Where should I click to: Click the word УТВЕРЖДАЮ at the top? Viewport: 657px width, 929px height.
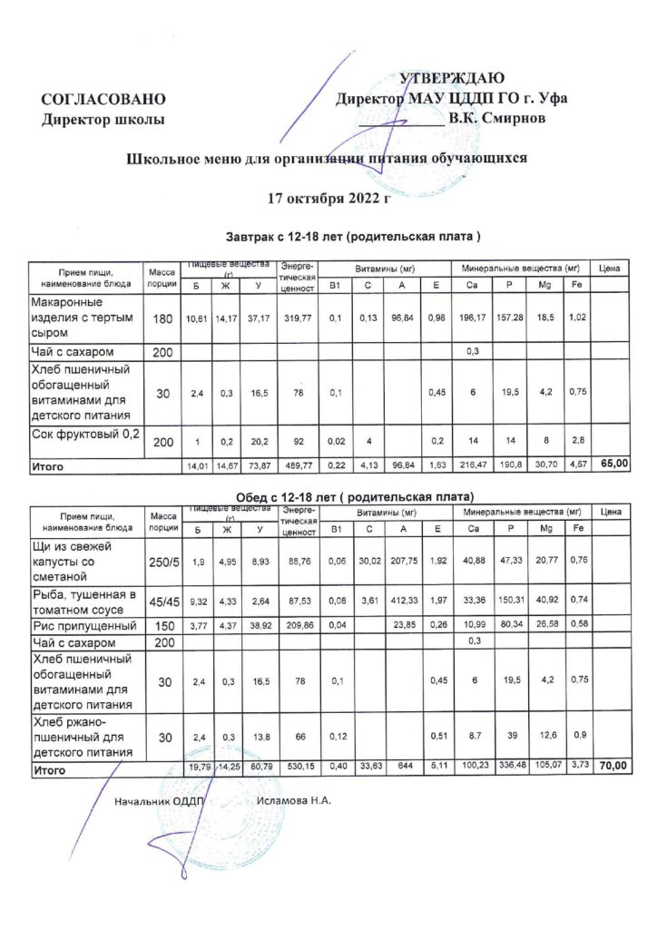tap(451, 79)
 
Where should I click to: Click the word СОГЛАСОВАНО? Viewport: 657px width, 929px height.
tap(103, 99)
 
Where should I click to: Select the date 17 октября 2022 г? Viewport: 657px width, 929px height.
tap(328, 196)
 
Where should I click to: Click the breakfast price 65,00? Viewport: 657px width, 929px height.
tap(613, 464)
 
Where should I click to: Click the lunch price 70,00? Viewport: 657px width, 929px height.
tap(613, 767)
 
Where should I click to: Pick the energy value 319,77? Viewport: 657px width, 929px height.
tap(298, 318)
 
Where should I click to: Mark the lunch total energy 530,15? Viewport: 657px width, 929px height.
tap(298, 768)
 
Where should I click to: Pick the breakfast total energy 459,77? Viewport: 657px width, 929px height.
tap(298, 464)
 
